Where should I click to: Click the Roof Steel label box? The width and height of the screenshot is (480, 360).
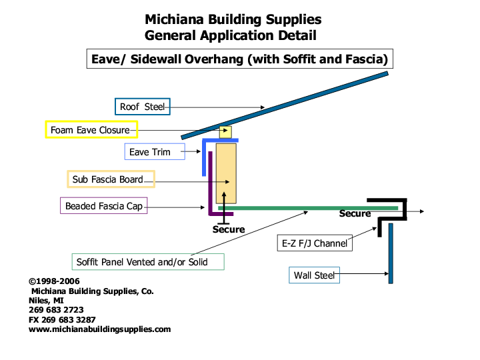[x=142, y=107]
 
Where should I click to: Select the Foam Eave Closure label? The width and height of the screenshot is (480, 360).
[x=91, y=129]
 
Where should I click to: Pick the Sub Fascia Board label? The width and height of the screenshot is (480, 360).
[x=111, y=179]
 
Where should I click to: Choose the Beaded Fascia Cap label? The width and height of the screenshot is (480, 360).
[x=103, y=206]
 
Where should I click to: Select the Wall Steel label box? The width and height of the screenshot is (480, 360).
[x=314, y=275]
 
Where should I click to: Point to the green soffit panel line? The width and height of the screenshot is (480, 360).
[x=300, y=209]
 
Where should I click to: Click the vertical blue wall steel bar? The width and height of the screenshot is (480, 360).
[x=391, y=253]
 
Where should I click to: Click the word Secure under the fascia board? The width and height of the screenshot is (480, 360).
[x=228, y=229]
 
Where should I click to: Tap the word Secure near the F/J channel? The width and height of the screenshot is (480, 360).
[x=355, y=214]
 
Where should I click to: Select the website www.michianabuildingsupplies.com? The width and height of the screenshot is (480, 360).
[x=99, y=329]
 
